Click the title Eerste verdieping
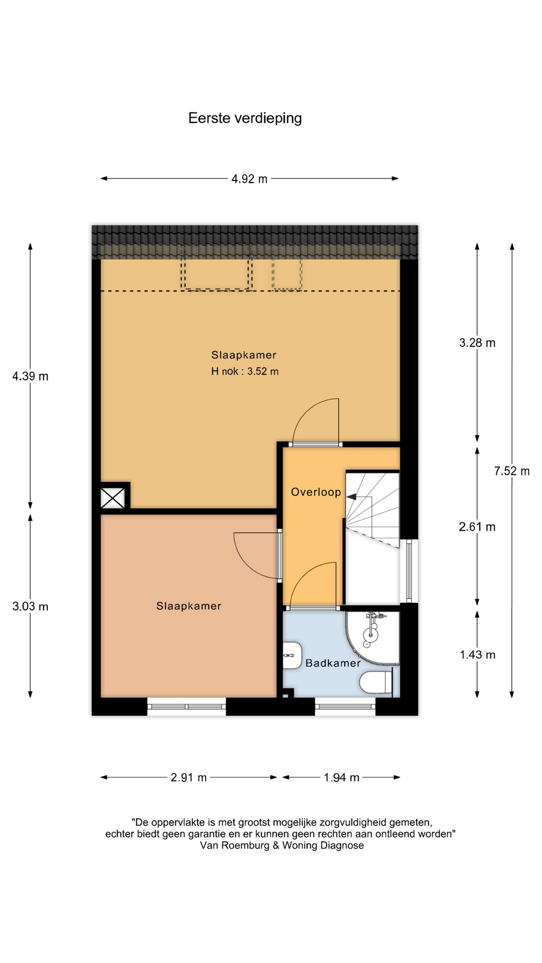(245, 118)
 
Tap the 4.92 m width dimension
(249, 179)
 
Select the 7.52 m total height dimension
(512, 471)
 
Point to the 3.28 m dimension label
(477, 343)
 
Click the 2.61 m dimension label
(477, 527)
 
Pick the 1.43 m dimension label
(478, 655)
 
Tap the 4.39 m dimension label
(31, 376)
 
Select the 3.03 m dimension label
(31, 606)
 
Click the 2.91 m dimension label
(189, 777)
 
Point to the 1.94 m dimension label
(342, 777)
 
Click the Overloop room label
(316, 492)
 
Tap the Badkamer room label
(333, 663)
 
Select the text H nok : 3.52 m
(245, 371)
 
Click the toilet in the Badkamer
(376, 682)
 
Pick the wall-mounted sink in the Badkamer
(292, 655)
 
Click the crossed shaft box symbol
(112, 498)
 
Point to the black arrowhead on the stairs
(351, 497)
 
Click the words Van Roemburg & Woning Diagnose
(282, 845)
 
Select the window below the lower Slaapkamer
(187, 706)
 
